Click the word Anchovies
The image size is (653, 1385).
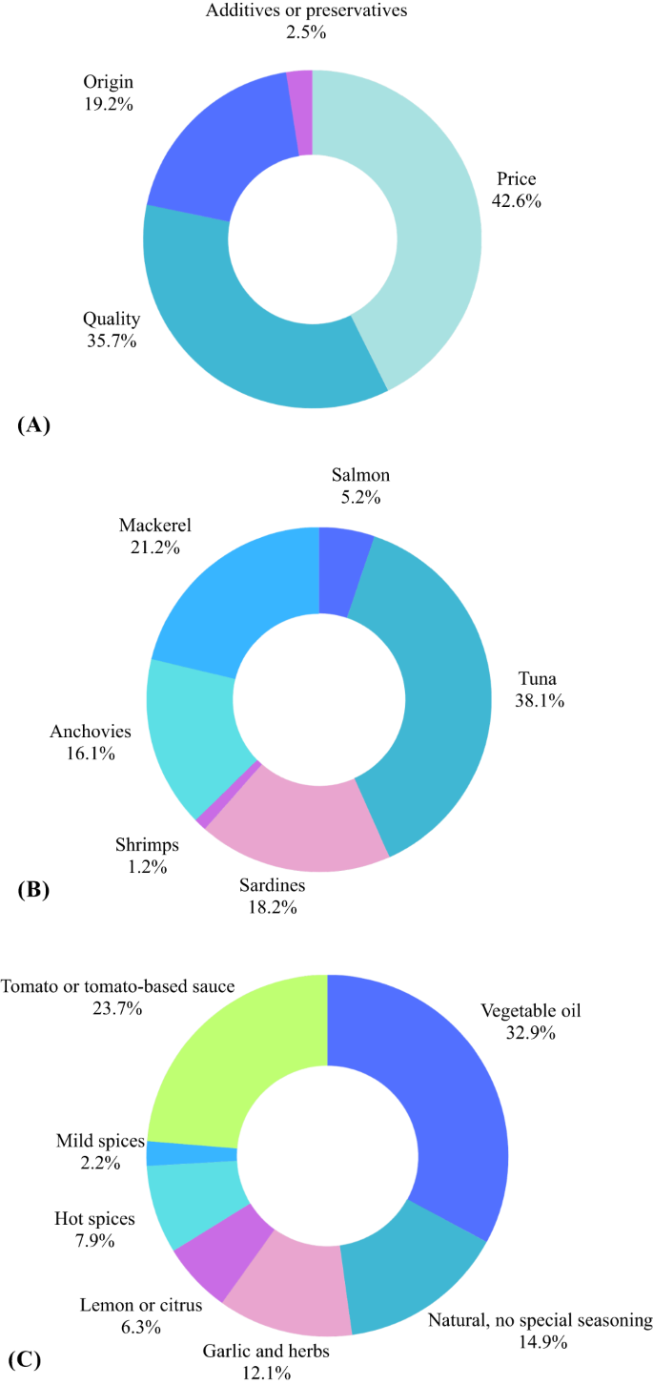point(91,732)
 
